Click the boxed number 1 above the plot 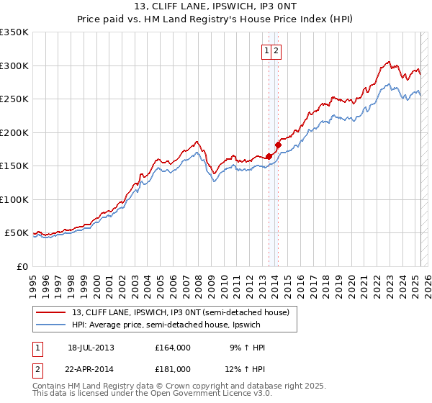[266, 50]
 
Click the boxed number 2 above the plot [276, 50]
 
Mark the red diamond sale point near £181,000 [278, 145]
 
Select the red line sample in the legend [51, 312]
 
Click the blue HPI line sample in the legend [51, 325]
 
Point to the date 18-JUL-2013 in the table [91, 348]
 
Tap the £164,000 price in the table [173, 348]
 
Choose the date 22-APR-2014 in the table [91, 369]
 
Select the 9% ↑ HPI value [247, 348]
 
